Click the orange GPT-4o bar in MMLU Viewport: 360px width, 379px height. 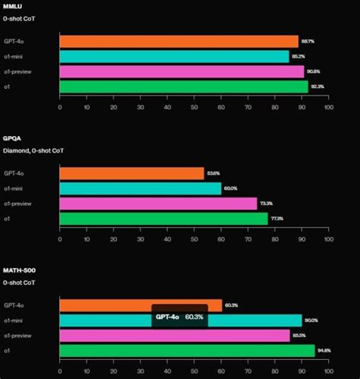point(178,42)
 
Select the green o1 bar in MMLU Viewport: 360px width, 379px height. point(184,87)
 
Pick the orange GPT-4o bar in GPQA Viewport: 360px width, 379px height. point(131,174)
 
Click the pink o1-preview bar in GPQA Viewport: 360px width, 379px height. point(158,204)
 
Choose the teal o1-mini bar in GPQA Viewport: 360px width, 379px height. point(140,188)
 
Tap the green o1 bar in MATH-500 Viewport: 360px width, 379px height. point(187,350)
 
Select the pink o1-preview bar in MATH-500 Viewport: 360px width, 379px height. point(175,335)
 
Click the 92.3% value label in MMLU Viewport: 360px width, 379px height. point(317,87)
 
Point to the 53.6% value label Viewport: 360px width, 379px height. point(214,174)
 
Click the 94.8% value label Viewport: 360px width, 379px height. point(324,350)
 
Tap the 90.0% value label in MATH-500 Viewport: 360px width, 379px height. point(311,321)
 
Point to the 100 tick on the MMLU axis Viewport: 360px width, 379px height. point(328,107)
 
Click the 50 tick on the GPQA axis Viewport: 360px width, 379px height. point(194,239)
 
